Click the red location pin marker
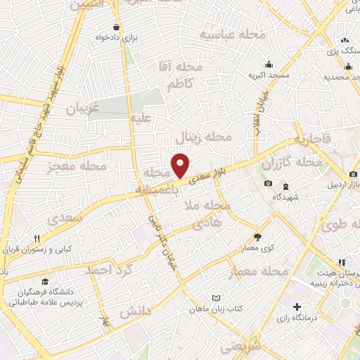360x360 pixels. (181, 166)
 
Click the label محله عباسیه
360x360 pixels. (232, 34)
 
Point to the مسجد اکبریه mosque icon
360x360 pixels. (268, 63)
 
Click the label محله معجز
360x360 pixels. (77, 167)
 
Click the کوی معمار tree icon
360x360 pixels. (257, 237)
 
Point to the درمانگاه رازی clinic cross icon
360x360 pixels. (298, 307)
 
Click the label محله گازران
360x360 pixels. (291, 163)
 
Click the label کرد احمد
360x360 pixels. (108, 269)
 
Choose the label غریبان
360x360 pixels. (84, 108)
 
